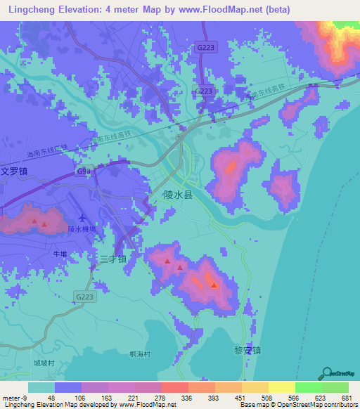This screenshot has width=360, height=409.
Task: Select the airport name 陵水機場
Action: (x=82, y=229)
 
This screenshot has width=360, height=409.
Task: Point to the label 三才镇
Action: (x=112, y=259)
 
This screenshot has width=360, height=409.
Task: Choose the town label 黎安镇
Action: (x=247, y=349)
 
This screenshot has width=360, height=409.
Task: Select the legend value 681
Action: (x=345, y=397)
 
